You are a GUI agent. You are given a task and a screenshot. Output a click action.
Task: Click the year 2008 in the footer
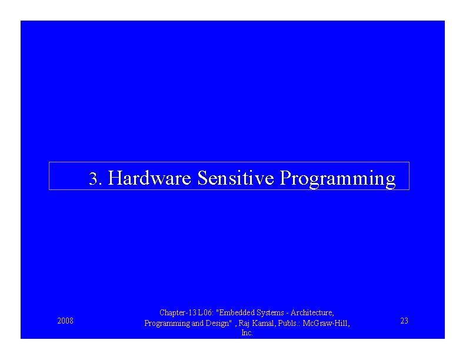(65, 321)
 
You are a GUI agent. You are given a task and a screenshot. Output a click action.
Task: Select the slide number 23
(404, 321)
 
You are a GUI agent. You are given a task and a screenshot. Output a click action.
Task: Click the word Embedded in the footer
(235, 313)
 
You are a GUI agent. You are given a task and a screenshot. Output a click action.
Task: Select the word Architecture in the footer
(311, 313)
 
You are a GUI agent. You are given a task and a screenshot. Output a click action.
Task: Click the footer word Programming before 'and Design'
(167, 323)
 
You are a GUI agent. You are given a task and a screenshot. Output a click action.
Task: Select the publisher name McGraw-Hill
(327, 323)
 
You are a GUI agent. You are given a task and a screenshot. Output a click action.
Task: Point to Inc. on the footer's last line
(247, 333)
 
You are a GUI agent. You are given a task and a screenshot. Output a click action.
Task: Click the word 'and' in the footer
(196, 323)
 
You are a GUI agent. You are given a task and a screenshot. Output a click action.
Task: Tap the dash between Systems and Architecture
(284, 314)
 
